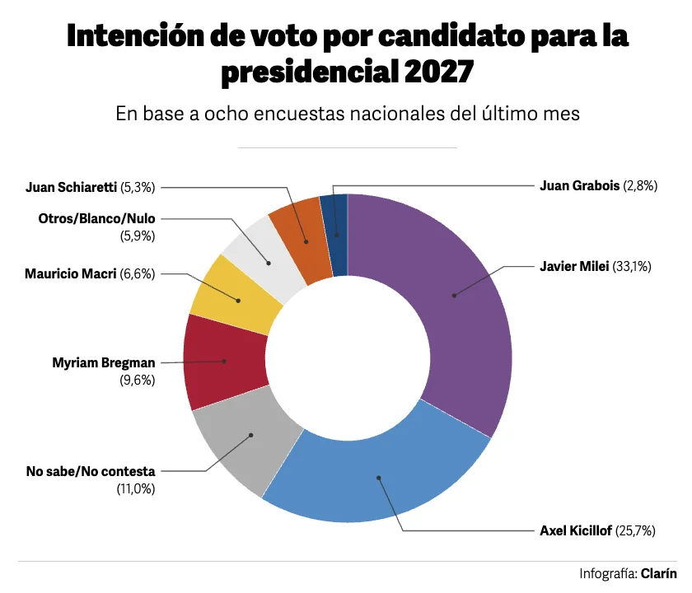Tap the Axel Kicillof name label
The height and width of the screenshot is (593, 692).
click(576, 530)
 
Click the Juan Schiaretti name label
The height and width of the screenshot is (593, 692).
click(71, 187)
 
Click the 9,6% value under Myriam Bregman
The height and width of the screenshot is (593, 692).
click(138, 380)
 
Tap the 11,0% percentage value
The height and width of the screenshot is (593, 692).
click(136, 489)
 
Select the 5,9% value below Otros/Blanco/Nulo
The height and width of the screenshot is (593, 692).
click(138, 236)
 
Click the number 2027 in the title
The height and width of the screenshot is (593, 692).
click(438, 71)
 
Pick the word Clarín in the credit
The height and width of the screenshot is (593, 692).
click(658, 573)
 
